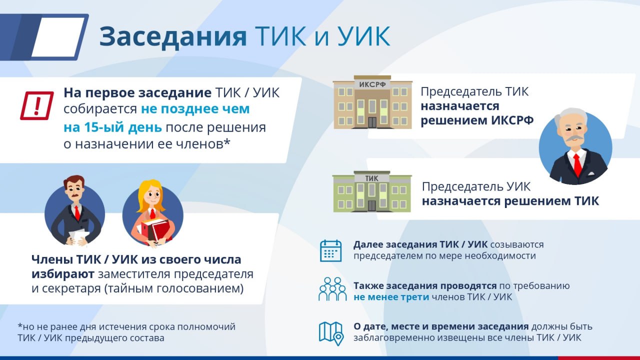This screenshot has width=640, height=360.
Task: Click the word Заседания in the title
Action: click(173, 37)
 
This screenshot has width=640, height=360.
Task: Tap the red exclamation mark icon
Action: click(37, 105)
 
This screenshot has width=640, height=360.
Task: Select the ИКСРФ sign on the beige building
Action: click(372, 84)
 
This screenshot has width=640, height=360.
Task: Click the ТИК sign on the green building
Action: click(371, 178)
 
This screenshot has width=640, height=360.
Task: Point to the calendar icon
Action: click(331, 251)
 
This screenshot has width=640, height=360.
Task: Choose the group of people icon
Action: click(332, 289)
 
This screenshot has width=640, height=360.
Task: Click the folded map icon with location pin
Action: click(331, 333)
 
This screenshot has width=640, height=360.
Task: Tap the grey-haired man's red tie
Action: click(577, 165)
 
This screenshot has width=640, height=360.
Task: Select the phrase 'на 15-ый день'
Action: click(112, 127)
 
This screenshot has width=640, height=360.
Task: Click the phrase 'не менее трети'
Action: click(391, 297)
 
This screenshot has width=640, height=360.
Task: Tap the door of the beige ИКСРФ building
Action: click(372, 122)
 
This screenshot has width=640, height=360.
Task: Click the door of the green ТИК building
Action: click(371, 205)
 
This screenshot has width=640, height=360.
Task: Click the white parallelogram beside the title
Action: click(58, 37)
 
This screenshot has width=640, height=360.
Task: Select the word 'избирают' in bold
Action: click(63, 274)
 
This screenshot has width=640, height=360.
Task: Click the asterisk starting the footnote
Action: click(19, 325)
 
